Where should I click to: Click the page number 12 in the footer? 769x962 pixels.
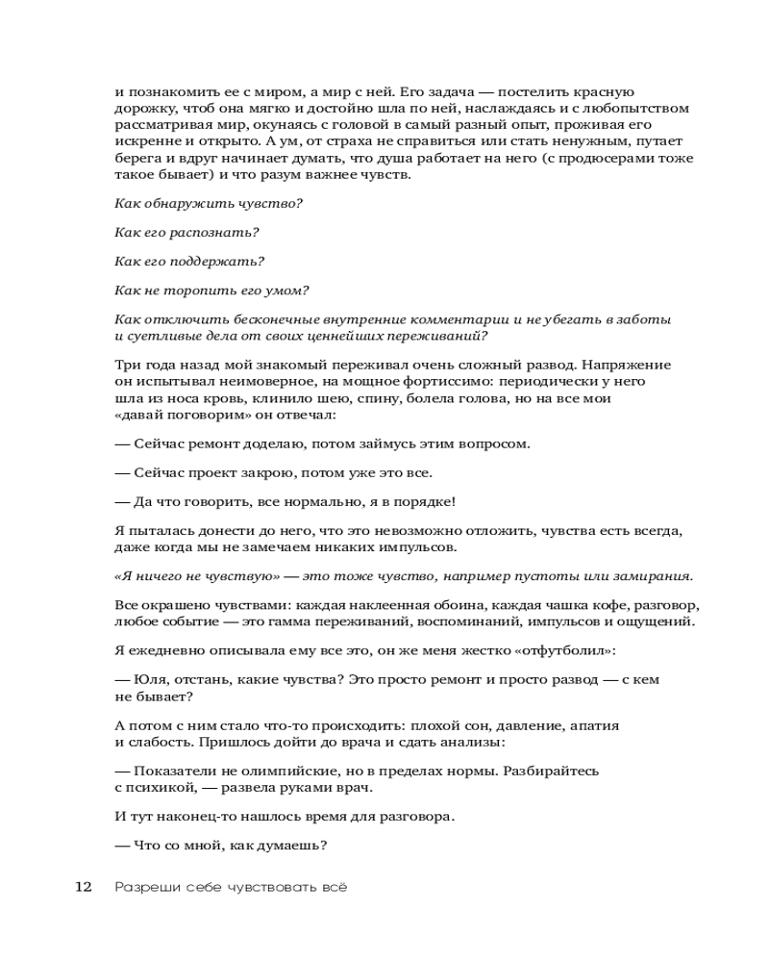pos(84,887)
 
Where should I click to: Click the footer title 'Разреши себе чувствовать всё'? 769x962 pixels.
pos(230,887)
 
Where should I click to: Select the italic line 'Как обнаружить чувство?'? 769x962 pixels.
pos(209,203)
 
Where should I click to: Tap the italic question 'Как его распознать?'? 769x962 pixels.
pos(186,232)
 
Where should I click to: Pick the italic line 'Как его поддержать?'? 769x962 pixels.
pos(189,261)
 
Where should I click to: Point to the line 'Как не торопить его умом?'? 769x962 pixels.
pos(211,290)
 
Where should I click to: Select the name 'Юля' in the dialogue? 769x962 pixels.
pos(146,679)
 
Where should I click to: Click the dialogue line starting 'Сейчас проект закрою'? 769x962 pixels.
pos(274,472)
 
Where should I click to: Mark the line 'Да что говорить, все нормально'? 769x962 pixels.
pos(285,501)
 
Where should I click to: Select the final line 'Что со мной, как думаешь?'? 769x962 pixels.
pos(222,846)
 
